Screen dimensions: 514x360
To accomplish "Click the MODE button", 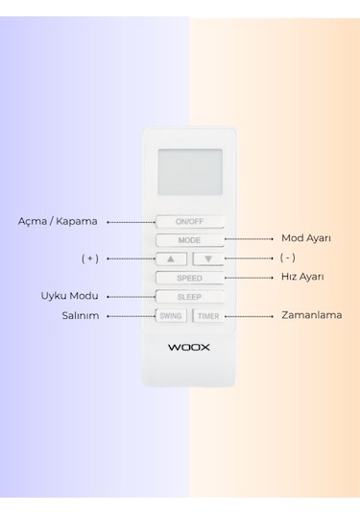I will click(x=189, y=239).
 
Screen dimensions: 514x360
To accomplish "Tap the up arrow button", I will click(x=171, y=258).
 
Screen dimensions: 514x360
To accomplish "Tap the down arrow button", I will click(x=207, y=258).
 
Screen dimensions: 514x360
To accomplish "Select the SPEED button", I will click(x=189, y=278).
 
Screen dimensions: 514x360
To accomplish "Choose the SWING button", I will click(x=171, y=315).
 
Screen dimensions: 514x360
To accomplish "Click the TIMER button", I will click(x=208, y=315).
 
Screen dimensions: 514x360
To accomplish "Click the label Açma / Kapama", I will click(x=58, y=221).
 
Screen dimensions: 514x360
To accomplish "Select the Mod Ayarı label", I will click(x=305, y=238).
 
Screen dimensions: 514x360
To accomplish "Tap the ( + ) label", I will click(x=90, y=258).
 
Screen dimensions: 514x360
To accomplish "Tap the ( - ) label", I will click(x=286, y=258).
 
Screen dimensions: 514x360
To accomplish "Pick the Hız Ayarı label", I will click(x=302, y=277).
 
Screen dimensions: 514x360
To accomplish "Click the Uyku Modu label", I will click(x=70, y=296).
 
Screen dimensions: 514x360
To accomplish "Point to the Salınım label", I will click(x=81, y=315).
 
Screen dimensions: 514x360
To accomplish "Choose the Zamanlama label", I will click(x=311, y=315).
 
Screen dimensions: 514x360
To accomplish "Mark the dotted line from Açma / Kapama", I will click(x=130, y=221).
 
